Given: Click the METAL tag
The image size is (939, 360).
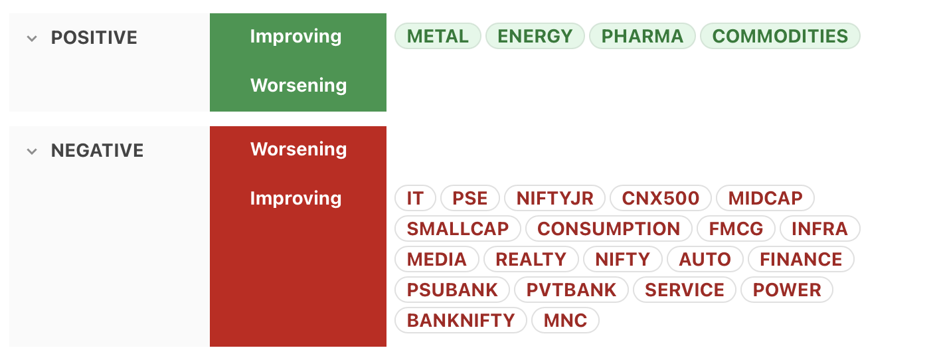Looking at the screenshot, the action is coord(438,36).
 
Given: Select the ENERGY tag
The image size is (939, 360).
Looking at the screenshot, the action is coord(535,36).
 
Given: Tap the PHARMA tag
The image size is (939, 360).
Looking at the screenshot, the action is coord(642,36).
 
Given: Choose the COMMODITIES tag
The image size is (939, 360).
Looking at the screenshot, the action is coord(780,36).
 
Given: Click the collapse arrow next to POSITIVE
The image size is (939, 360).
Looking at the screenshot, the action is coord(32,39).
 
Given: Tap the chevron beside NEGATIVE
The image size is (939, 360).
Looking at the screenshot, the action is coord(32,151).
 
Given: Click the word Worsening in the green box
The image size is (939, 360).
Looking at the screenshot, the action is coord(298,85).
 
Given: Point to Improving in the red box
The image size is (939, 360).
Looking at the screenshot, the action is coord(296,198).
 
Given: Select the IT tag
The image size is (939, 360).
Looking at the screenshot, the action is coord(415,198).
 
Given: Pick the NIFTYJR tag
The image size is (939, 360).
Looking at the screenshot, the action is coord(555,198).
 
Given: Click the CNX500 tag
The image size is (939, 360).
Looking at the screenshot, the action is coord(661,198).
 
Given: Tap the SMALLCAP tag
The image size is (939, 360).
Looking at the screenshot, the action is coord(458,229).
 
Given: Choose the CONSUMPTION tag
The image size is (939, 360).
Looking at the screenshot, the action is coord(609,229).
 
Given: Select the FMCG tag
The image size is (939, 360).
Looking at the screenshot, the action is coord(736,229).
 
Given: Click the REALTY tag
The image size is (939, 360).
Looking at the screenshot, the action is coord(531,260).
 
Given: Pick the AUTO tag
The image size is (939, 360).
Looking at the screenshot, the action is coord(705,260).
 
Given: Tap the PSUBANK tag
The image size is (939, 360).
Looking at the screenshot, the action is coord(452,290).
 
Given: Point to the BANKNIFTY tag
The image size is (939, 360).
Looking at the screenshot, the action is coord(461,321).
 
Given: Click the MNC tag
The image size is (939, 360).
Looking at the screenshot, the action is coord(566,321).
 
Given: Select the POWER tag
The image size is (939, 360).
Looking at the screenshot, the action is coord(787,290).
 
